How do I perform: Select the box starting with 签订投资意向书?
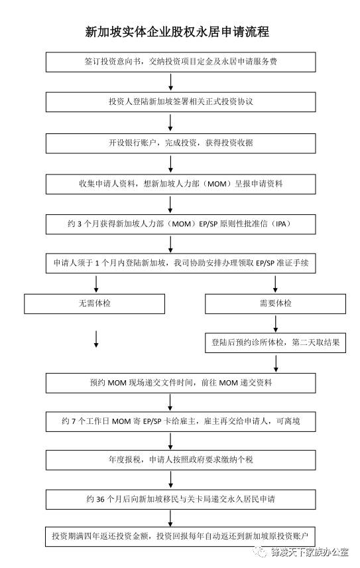coord(180,62)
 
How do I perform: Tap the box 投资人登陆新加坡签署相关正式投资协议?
coord(180,102)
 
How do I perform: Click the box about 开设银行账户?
coord(180,143)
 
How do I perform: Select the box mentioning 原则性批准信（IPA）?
coord(180,224)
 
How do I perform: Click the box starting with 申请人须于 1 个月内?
coord(180,263)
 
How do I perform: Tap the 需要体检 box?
coord(275,303)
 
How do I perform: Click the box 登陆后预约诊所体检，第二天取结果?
coord(275,343)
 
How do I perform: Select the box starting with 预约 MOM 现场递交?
coord(180,383)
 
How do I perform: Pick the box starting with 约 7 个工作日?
coord(180,421)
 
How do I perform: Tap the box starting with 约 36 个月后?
coord(180,498)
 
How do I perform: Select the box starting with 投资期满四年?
coord(180,535)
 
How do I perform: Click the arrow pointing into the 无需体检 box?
coord(97,283)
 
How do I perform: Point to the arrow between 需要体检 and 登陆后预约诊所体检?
coord(275,323)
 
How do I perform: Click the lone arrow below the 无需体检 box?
coord(97,340)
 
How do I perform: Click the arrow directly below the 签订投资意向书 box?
coord(172,82)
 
